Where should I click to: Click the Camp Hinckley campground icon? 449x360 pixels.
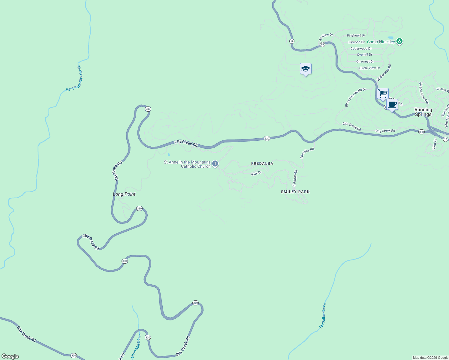pyautogui.click(x=399, y=41)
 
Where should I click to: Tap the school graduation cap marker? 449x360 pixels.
pyautogui.click(x=306, y=69)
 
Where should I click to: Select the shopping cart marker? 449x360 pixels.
pyautogui.click(x=383, y=94)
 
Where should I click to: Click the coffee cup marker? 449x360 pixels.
pyautogui.click(x=392, y=105)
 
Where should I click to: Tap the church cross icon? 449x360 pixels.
pyautogui.click(x=215, y=163)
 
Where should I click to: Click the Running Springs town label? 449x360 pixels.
pyautogui.click(x=423, y=112)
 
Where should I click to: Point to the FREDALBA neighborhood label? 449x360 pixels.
pyautogui.click(x=262, y=163)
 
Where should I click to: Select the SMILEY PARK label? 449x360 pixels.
pyautogui.click(x=295, y=192)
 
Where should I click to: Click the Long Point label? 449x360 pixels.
pyautogui.click(x=124, y=194)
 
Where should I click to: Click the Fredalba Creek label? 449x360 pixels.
pyautogui.click(x=323, y=316)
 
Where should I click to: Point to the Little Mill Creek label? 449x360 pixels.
pyautogui.click(x=137, y=346)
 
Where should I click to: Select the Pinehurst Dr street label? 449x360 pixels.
pyautogui.click(x=356, y=35)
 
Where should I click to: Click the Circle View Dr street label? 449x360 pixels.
pyautogui.click(x=369, y=68)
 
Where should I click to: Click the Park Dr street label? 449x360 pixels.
pyautogui.click(x=256, y=173)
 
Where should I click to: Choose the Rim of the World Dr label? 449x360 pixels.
pyautogui.click(x=355, y=97)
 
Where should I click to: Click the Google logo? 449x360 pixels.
pyautogui.click(x=10, y=356)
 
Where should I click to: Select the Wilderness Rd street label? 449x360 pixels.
pyautogui.click(x=384, y=73)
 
